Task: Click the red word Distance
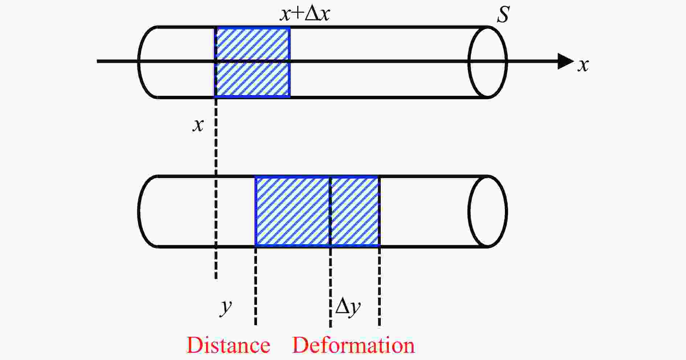tap(228, 345)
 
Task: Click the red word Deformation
tap(353, 345)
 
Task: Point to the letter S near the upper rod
tap(503, 15)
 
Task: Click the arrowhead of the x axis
tap(565, 61)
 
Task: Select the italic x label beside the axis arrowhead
tap(583, 65)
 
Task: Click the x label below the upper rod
tap(198, 125)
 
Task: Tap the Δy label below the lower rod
tap(348, 307)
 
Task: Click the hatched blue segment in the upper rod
tap(253, 62)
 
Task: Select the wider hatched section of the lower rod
tap(293, 211)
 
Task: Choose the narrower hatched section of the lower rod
tap(355, 211)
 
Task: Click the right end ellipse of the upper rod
tap(487, 62)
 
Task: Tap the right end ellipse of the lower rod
tap(487, 211)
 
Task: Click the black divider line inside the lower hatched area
tap(330, 211)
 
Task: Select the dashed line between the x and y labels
tap(216, 152)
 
